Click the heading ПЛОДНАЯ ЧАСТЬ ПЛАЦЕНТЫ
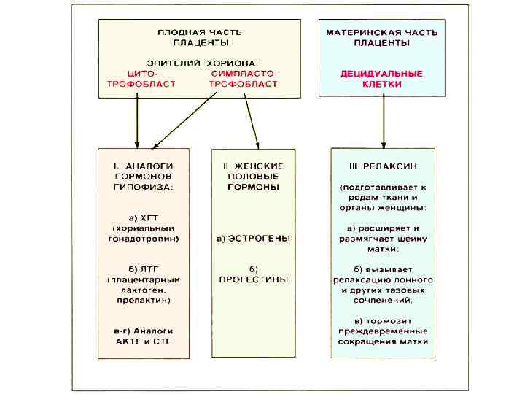pos(200,37)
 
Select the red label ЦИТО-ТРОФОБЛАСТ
pos(143,79)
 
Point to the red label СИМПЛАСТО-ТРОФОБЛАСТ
pos(244,79)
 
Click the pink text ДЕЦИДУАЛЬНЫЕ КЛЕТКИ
pos(382,79)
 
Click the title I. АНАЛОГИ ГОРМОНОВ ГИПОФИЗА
pos(144,175)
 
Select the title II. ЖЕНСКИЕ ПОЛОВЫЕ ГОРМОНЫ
pos(254,175)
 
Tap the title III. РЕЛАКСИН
pos(382,166)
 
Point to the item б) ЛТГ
pos(144,269)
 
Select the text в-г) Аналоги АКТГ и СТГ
pos(144,336)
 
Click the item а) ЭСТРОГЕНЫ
pos(254,239)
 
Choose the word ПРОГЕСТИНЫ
pos(254,279)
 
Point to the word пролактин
pos(144,300)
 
